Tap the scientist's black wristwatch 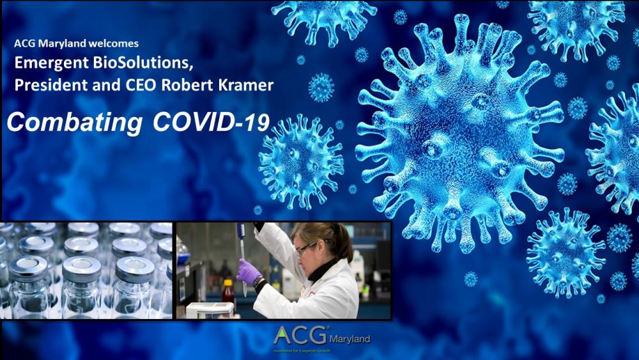pyautogui.click(x=257, y=281)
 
